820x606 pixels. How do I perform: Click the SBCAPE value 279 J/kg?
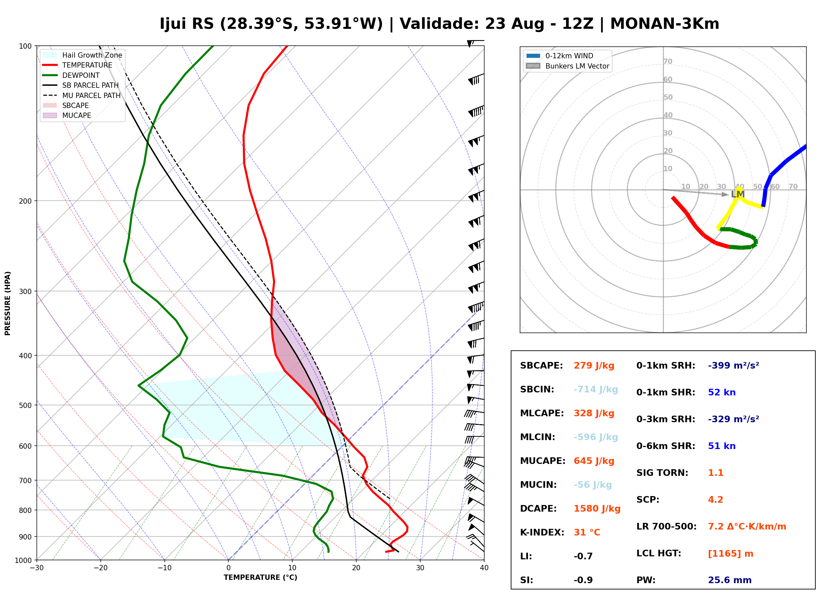pos(594,366)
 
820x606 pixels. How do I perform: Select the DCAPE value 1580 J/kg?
pos(597,509)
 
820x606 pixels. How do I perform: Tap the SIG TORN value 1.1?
pos(715,473)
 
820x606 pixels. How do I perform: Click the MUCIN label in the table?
pos(538,485)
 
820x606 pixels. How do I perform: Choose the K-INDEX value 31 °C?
pos(587,532)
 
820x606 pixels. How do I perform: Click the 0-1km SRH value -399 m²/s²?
pos(733,366)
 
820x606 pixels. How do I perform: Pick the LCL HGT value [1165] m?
pos(731,554)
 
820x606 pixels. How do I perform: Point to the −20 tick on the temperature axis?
pos(100,568)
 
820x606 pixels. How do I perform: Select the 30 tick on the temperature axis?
pos(420,568)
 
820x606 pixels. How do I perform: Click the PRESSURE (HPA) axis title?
pos(8,303)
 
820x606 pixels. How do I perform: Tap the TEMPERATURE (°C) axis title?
pos(261,578)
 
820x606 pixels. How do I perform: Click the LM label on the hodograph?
pos(738,194)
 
